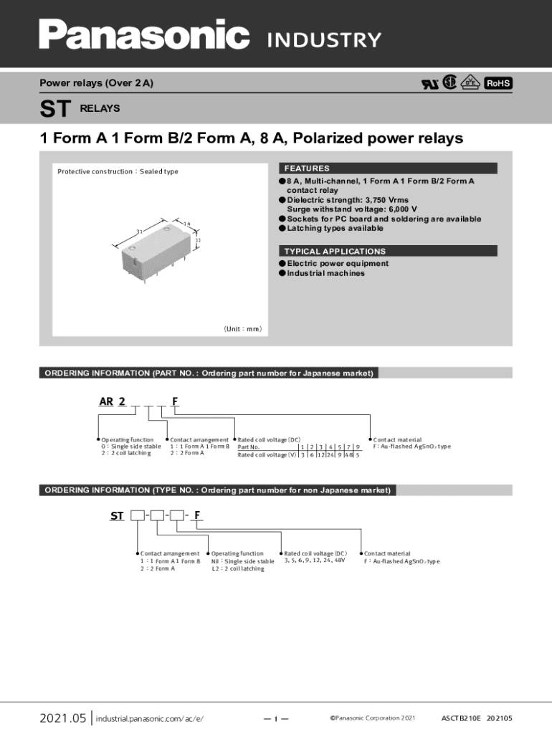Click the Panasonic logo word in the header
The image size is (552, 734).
(144, 34)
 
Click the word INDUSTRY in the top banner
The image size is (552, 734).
(324, 40)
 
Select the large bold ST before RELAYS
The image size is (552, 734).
(55, 109)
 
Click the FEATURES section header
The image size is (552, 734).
(307, 168)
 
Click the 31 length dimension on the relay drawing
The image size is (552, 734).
(141, 231)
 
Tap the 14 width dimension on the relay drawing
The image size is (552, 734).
(186, 224)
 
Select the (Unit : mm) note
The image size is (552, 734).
(242, 329)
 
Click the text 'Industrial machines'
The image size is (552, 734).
(325, 273)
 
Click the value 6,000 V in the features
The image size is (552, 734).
(399, 209)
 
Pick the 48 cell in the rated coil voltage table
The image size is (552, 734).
(348, 455)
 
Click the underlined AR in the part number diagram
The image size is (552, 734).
(105, 401)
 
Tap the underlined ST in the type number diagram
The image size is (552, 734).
(117, 515)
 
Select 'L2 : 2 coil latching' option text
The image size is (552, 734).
(237, 568)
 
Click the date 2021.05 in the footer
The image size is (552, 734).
(62, 718)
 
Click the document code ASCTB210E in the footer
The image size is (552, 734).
(460, 718)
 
